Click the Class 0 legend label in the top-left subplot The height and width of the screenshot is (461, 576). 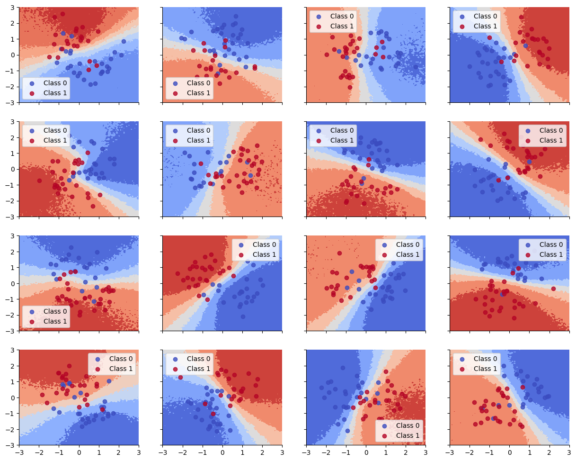53,83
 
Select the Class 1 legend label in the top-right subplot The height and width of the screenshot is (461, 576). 486,26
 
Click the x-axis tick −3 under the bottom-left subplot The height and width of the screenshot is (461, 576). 19,453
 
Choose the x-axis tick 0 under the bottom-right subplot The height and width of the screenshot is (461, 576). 510,453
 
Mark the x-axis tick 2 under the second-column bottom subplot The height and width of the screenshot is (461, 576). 262,453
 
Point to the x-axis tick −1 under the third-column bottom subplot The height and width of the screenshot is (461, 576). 346,453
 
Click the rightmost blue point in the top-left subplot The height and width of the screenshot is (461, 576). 124,41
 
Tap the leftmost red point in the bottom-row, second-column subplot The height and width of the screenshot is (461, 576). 181,377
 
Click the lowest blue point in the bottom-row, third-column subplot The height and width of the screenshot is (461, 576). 347,431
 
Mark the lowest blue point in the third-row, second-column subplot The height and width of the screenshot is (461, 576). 243,316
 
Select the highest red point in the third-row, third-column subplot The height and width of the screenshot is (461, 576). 339,253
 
